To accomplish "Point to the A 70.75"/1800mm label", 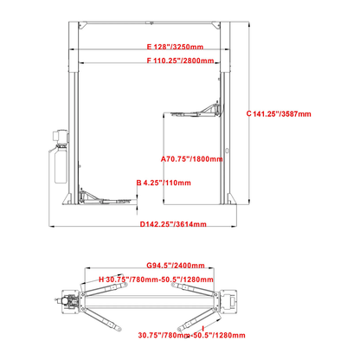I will (x=192, y=159).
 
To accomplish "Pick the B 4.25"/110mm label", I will (x=164, y=183).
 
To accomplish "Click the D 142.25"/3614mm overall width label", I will (x=174, y=225).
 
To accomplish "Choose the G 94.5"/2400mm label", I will (x=175, y=266).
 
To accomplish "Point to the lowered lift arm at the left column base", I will (x=105, y=198).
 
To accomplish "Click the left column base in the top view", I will (x=67, y=299).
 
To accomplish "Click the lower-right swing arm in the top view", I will (x=203, y=315).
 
